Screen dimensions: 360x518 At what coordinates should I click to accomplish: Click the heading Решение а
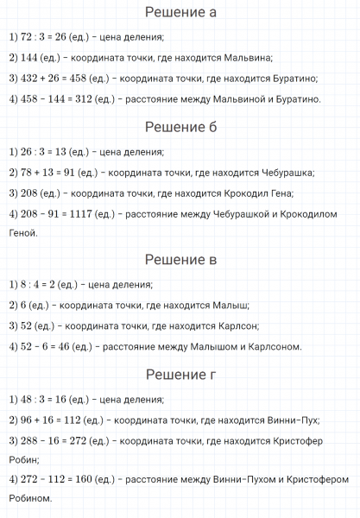180,13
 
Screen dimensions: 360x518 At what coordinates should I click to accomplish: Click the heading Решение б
180,128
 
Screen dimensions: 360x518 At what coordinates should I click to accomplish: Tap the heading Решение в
180,260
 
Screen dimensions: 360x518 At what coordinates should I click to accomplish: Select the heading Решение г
180,375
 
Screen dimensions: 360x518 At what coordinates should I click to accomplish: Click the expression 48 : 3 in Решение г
30,400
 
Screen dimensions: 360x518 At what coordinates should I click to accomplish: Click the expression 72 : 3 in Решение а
30,37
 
